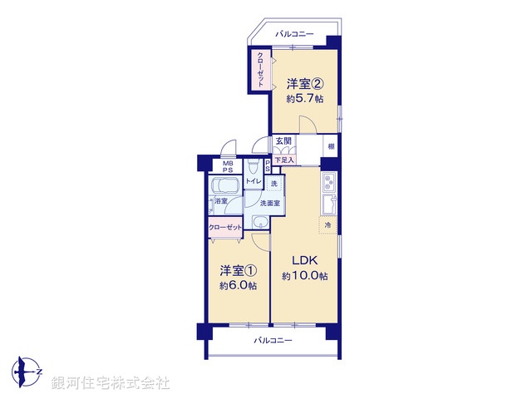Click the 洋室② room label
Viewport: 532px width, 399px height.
pyautogui.click(x=305, y=84)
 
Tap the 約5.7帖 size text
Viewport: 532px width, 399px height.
pyautogui.click(x=305, y=99)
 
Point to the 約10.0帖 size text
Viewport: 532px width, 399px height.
pyautogui.click(x=303, y=276)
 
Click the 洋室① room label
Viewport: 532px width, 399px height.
pyautogui.click(x=238, y=271)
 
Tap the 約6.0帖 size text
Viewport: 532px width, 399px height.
pyautogui.click(x=238, y=286)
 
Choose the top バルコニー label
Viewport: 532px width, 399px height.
pyautogui.click(x=295, y=35)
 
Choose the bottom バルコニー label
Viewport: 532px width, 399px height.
pyautogui.click(x=273, y=341)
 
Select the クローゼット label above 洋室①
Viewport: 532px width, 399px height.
pyautogui.click(x=225, y=227)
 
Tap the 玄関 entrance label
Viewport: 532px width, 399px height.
pyautogui.click(x=284, y=141)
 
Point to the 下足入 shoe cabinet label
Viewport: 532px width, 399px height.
pyautogui.click(x=284, y=160)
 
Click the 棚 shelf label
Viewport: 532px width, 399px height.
pyautogui.click(x=330, y=148)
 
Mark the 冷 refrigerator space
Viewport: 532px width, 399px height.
pyautogui.click(x=327, y=225)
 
